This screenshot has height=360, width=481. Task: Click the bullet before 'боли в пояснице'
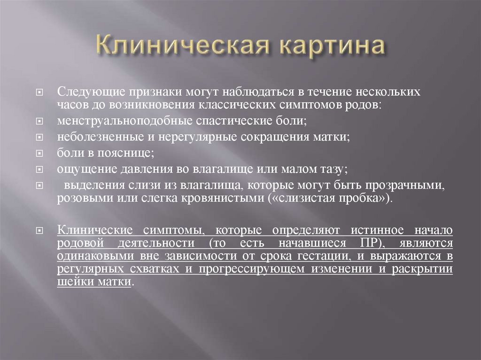point(40,154)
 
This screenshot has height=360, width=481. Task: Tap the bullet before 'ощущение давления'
point(40,170)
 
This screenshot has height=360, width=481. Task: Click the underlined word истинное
point(378,231)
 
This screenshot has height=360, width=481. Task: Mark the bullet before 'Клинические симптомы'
point(40,231)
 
